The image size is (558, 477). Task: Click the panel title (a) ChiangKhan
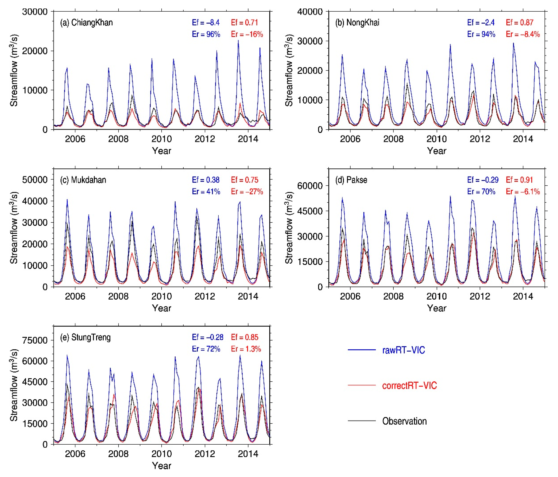86,23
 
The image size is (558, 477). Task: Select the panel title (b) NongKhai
357,23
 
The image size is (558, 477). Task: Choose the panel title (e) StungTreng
85,338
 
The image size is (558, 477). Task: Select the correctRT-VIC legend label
409,386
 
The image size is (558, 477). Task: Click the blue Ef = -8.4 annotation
206,23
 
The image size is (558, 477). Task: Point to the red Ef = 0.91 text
520,180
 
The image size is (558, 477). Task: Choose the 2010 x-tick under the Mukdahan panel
162,296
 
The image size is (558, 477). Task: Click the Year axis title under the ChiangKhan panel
162,151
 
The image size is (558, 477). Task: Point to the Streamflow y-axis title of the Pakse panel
289,228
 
